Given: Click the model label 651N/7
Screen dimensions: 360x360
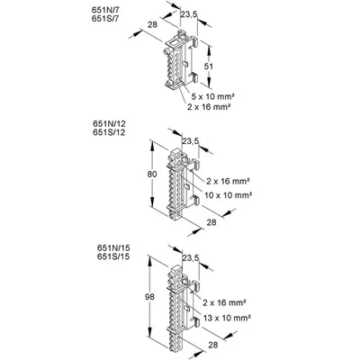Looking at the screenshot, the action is [103, 10].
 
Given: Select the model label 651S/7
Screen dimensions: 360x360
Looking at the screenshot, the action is [103, 18].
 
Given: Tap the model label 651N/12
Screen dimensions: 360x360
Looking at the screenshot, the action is [109, 124].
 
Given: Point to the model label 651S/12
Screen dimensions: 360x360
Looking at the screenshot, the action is [109, 132].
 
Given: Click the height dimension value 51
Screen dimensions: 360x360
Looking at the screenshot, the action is [208, 67].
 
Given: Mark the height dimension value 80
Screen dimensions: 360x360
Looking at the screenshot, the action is [152, 174].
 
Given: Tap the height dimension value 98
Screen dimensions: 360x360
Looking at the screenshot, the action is [149, 297].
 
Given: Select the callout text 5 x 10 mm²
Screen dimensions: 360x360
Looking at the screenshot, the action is [212, 96].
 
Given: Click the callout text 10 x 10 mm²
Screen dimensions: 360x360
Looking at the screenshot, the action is [228, 195].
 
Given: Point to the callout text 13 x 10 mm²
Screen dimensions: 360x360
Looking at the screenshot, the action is [227, 318].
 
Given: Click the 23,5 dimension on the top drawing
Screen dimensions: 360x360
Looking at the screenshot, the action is [189, 13].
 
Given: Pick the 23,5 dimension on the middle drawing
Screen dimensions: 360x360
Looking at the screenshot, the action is [191, 141].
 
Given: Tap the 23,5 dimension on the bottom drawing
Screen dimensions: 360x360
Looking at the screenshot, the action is [191, 258].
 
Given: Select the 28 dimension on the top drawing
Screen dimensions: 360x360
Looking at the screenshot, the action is [152, 24].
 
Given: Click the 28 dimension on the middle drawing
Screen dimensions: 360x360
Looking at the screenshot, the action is [211, 222].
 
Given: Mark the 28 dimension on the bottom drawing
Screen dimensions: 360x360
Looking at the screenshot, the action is [213, 345].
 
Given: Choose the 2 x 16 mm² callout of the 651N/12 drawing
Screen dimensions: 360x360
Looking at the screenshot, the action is [228, 181].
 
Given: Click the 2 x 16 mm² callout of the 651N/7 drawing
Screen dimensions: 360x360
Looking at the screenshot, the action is [209, 106].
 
